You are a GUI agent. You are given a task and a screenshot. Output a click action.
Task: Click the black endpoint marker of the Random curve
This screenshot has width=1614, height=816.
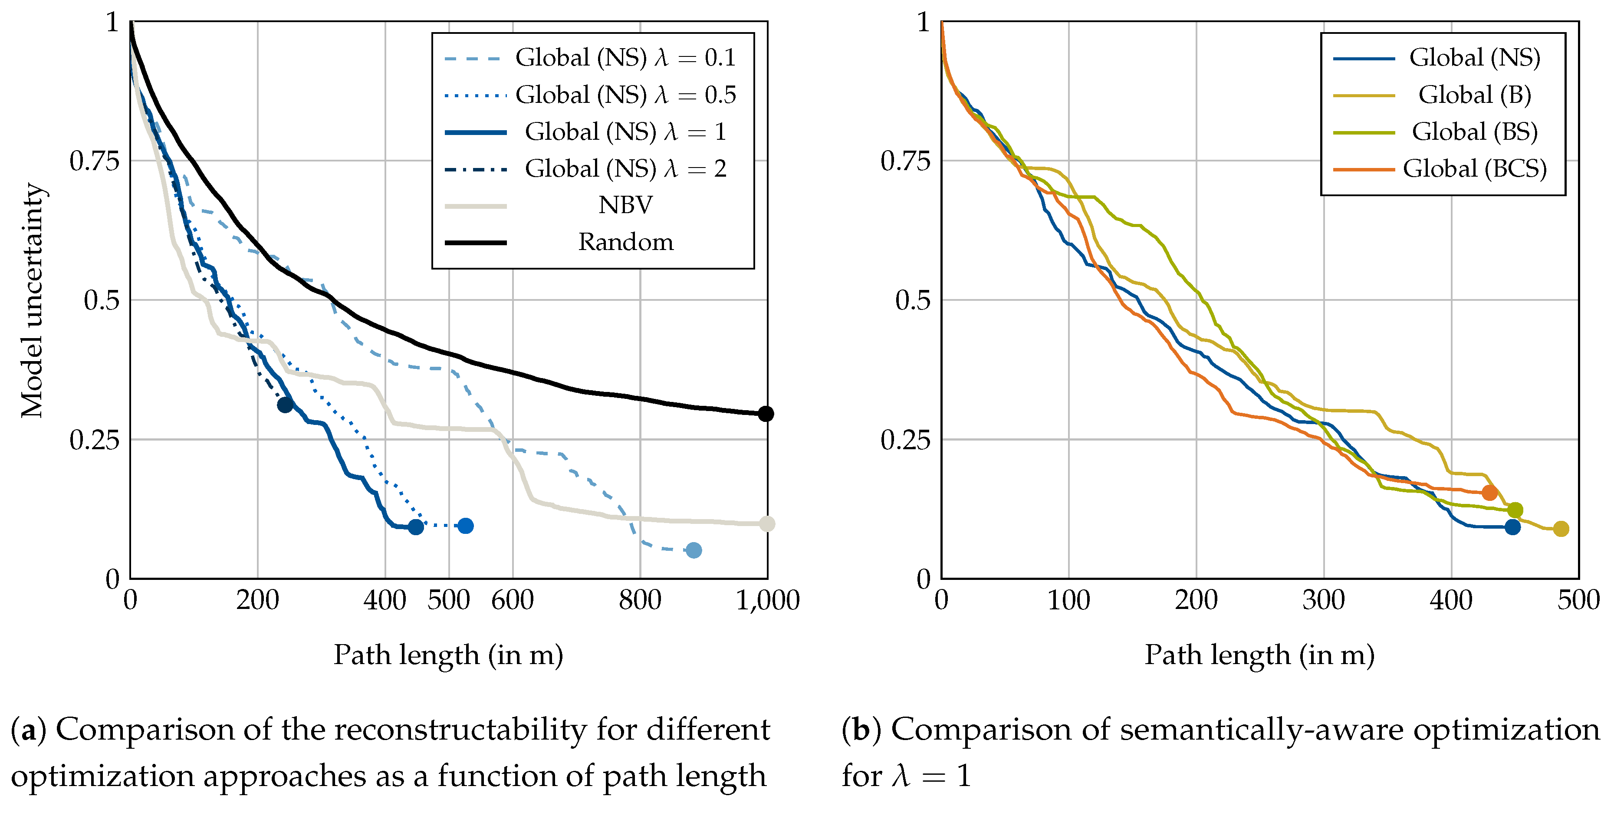pos(765,414)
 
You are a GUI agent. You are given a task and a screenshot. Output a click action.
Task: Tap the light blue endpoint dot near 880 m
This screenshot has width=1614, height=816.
pos(693,550)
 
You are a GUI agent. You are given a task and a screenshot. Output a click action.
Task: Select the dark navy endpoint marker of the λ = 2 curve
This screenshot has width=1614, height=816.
pos(285,405)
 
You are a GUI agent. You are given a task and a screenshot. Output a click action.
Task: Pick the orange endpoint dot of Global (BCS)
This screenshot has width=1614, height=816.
pos(1489,493)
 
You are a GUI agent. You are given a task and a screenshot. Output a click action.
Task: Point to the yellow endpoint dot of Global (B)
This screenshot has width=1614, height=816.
pos(1561,529)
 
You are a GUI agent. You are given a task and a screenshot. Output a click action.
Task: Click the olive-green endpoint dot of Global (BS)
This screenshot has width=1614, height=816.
pos(1514,510)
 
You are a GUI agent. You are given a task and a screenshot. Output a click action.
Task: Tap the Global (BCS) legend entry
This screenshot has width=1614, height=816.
pos(1474,168)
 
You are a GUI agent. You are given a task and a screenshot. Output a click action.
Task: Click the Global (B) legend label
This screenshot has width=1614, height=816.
pos(1474,95)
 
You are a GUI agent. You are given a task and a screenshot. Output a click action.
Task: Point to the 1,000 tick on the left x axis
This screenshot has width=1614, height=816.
pos(767,600)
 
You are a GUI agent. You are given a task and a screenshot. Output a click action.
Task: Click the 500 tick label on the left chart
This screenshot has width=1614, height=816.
pos(449,600)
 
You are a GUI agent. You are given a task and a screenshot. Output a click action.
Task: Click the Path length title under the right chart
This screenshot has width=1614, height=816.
pos(1259,655)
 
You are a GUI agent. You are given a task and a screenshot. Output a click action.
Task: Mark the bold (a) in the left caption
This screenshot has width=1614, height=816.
pos(28,730)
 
